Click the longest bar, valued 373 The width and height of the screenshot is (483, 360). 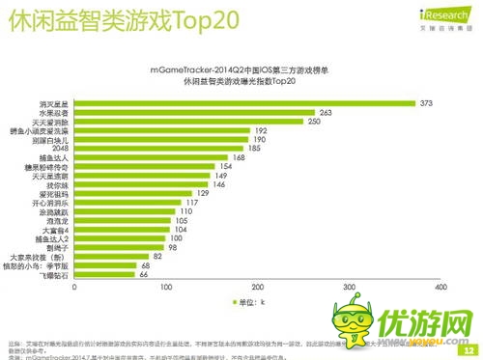pos(242,103)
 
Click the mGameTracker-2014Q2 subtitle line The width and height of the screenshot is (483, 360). pos(241,70)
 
